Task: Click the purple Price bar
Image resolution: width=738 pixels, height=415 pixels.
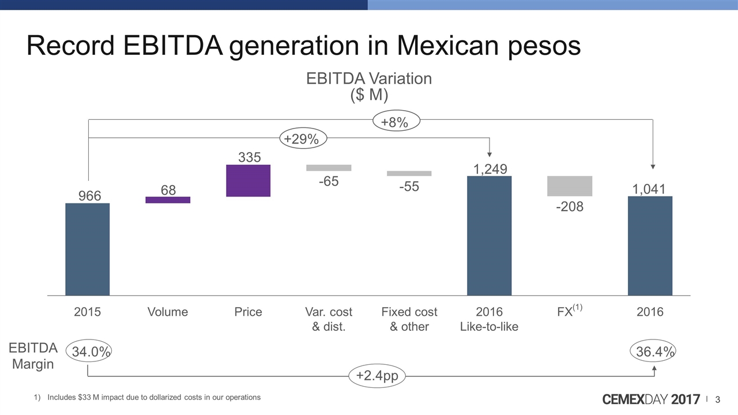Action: pos(248,181)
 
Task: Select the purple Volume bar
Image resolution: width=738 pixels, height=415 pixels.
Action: pos(168,200)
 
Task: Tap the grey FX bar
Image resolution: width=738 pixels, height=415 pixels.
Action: pos(570,186)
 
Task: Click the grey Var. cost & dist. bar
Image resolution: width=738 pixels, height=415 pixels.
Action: pos(329,168)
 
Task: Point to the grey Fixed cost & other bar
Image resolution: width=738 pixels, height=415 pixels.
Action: pos(409,173)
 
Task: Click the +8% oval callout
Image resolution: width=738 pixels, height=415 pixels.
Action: pos(395,122)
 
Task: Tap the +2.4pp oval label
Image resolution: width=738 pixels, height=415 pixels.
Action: pos(377,376)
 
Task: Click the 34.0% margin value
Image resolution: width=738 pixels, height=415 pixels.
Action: pos(88,352)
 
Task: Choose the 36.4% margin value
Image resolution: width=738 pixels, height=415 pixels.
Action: pos(653,352)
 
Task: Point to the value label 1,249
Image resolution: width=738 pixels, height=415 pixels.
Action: pos(490,169)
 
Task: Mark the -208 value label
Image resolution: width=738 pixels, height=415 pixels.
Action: pos(570,206)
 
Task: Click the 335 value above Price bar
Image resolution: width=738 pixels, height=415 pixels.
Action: pos(250,157)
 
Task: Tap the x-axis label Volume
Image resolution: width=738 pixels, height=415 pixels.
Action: pos(168,312)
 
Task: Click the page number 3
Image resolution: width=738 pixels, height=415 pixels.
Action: pos(718,399)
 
